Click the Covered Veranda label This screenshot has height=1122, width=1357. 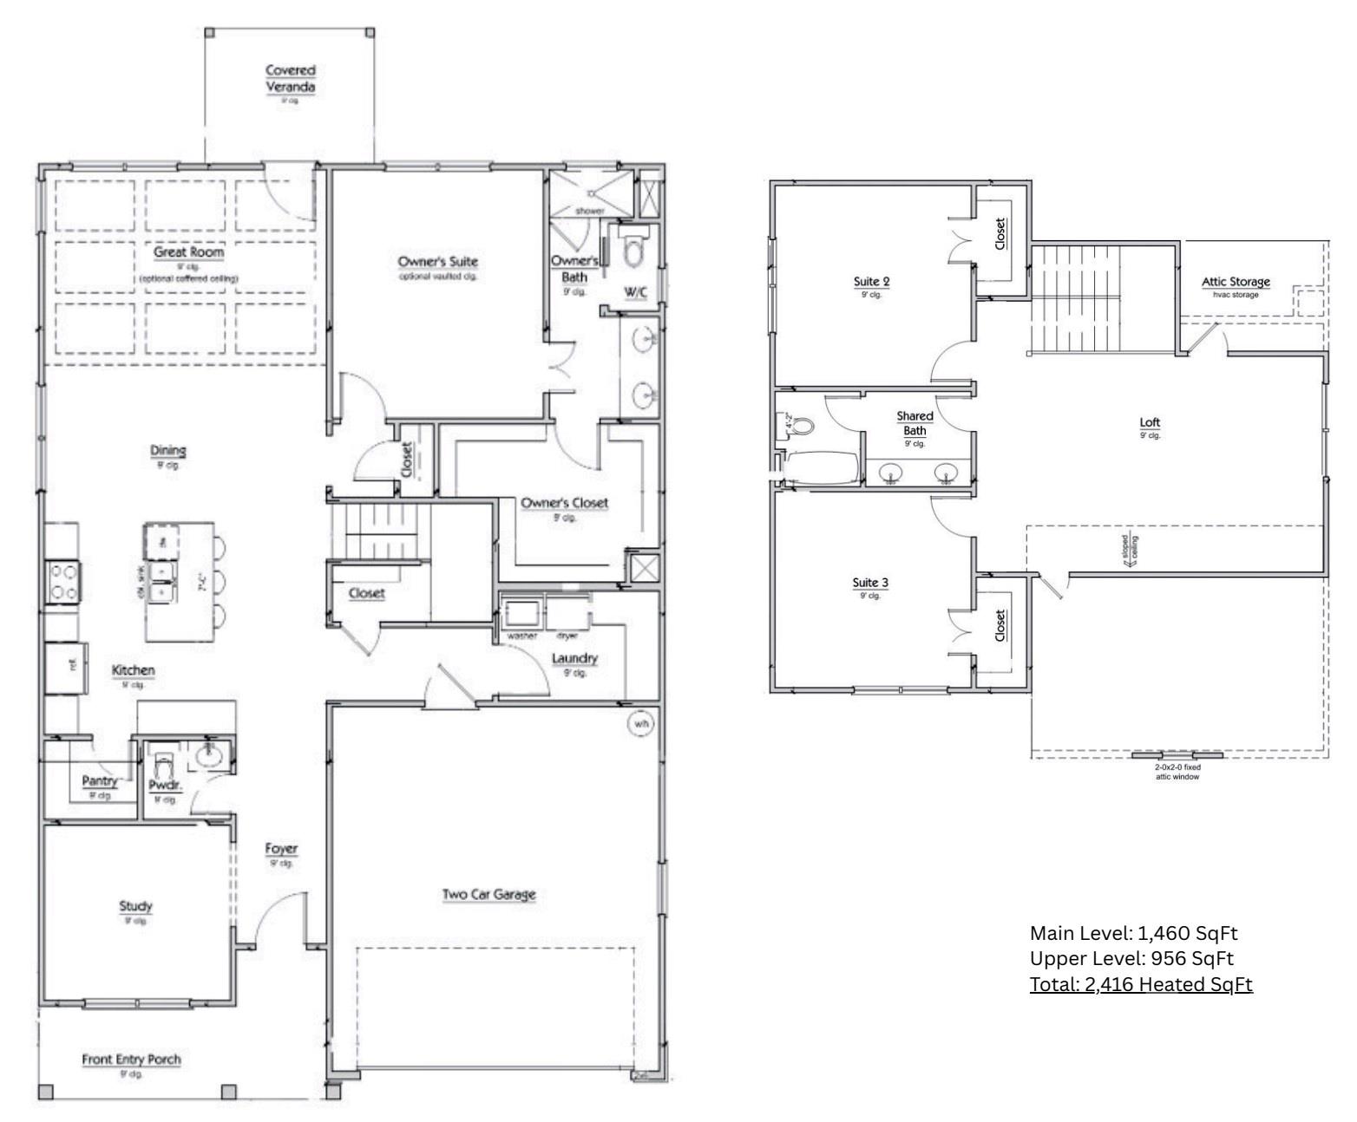point(290,78)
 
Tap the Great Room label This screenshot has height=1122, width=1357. point(188,252)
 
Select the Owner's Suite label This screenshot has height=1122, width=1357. point(437,261)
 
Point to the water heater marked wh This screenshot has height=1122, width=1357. point(641,723)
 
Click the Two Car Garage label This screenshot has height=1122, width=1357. point(488,894)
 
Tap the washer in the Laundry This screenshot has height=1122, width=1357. point(521,614)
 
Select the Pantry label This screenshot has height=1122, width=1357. point(100,780)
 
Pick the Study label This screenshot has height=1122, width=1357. point(135,906)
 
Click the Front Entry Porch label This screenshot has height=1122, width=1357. point(132,1060)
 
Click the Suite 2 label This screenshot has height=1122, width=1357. point(871,281)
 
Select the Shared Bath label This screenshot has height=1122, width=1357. point(914,423)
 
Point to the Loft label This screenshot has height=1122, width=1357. point(1150,422)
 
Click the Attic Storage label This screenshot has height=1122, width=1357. point(1236,281)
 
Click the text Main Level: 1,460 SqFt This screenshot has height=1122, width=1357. point(1133,933)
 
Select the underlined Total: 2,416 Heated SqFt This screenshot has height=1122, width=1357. point(1141,984)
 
